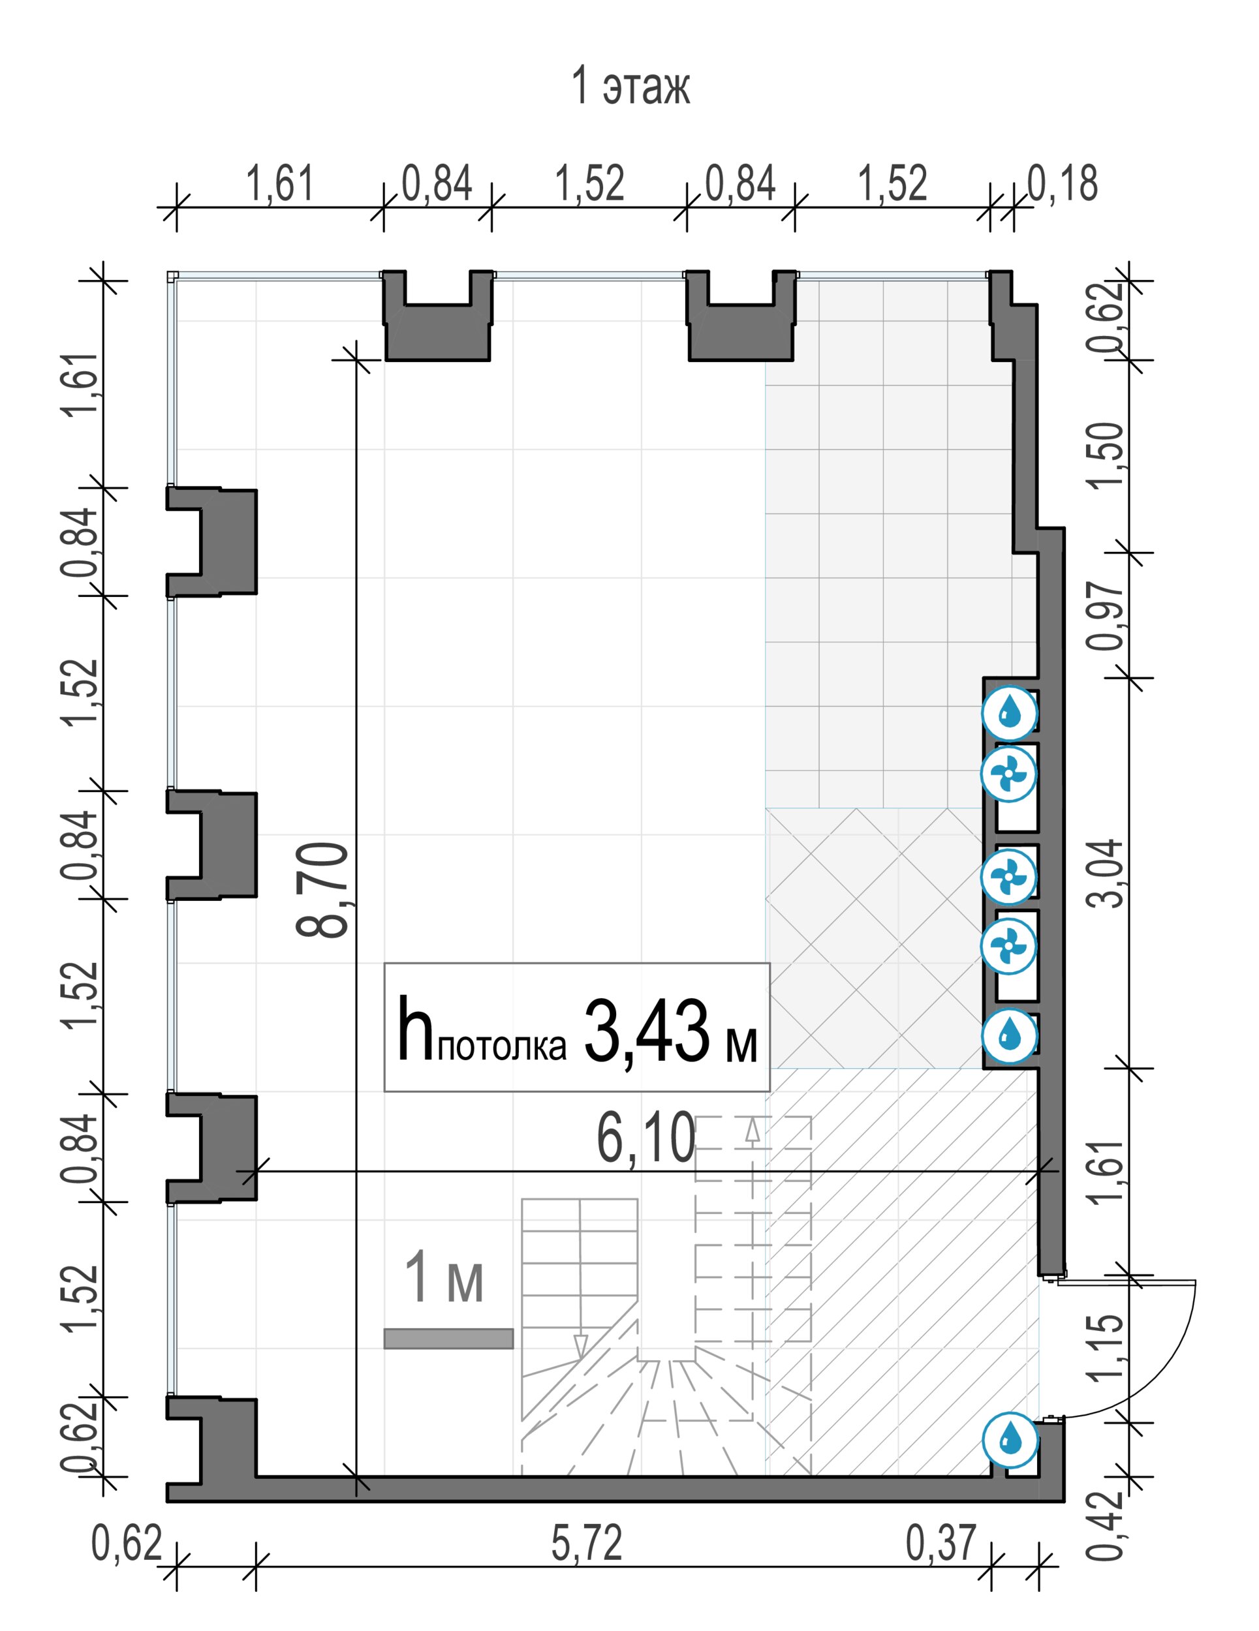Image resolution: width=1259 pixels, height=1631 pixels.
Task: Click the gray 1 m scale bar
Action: [x=448, y=1338]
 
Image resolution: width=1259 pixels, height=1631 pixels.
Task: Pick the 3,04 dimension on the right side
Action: [x=1105, y=873]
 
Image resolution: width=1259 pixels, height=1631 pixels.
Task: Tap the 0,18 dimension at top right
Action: [x=1063, y=184]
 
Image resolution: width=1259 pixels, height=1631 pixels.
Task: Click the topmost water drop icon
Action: [x=1010, y=712]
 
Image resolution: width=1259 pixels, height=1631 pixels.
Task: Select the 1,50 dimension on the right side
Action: [x=1105, y=455]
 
